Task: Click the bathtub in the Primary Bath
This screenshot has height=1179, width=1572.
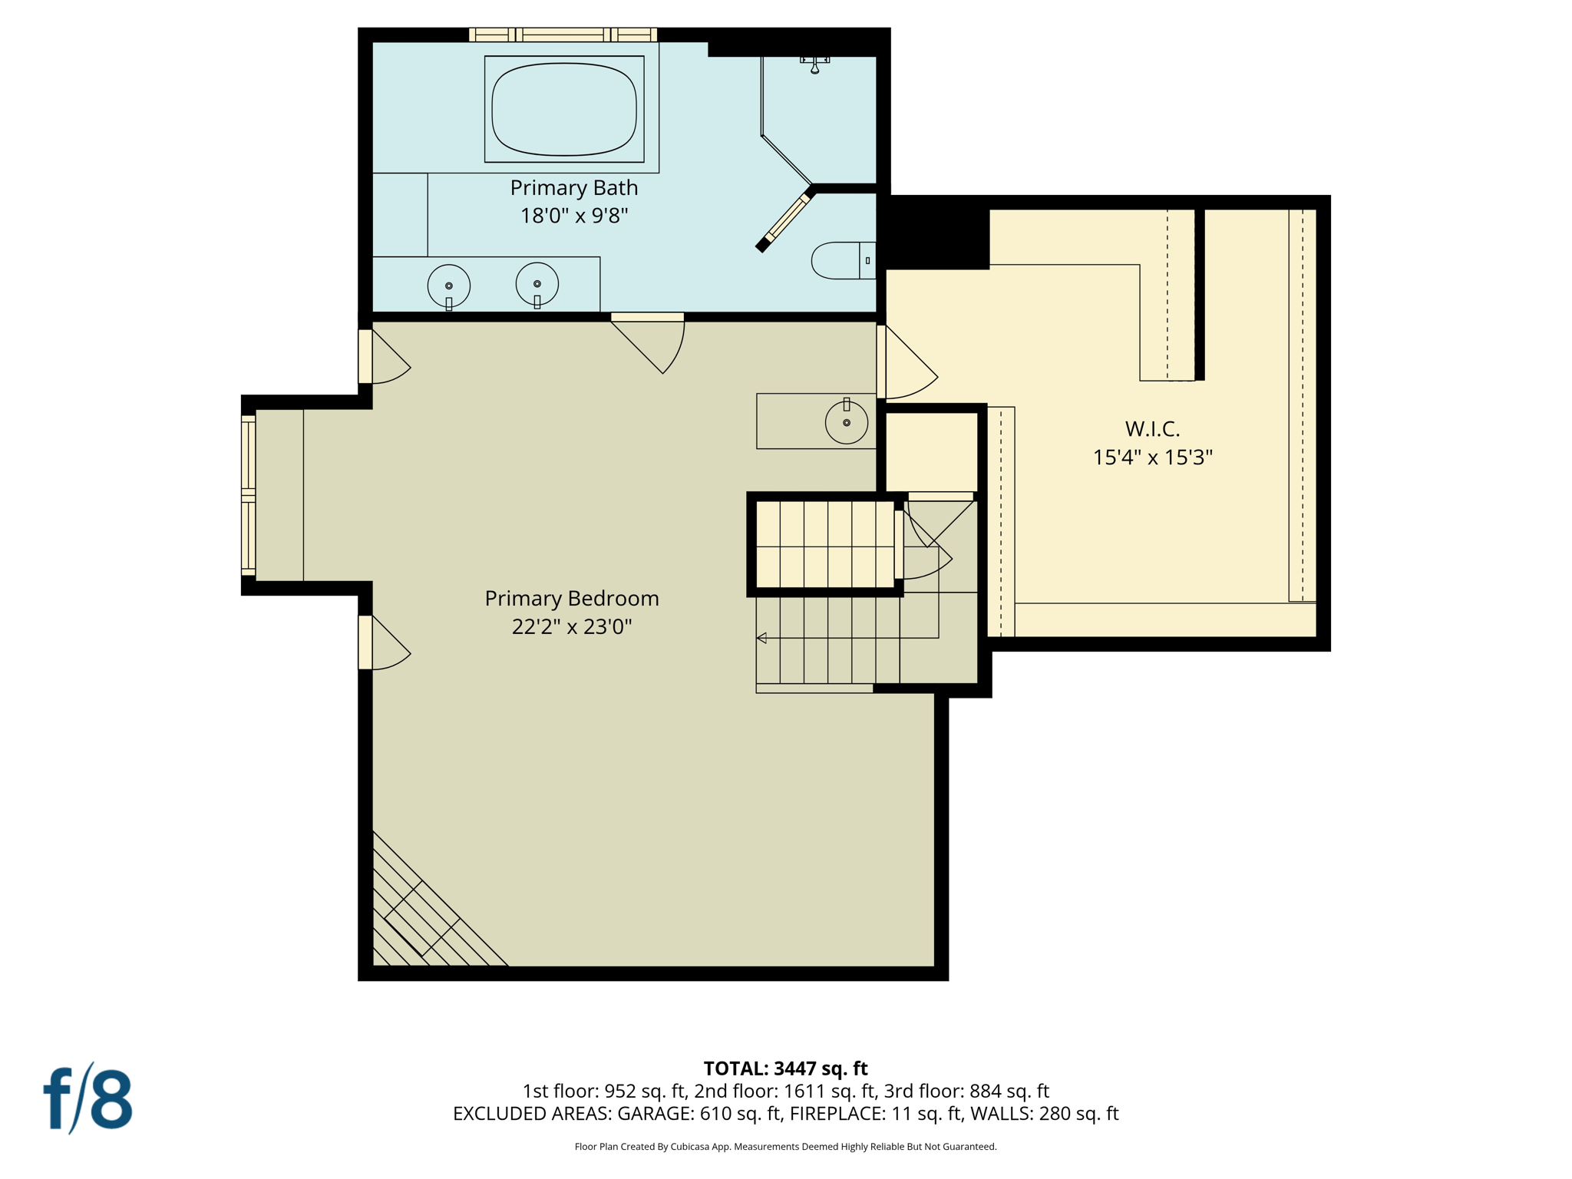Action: [x=564, y=109]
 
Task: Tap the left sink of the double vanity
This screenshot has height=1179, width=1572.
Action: [x=449, y=286]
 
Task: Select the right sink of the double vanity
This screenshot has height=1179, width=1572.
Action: [x=537, y=284]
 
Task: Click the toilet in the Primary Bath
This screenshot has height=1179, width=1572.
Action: [x=840, y=260]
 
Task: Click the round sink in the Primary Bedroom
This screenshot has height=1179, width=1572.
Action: [x=846, y=421]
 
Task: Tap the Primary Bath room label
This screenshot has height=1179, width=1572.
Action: [x=573, y=187]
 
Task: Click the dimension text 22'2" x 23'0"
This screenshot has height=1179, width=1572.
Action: [x=571, y=626]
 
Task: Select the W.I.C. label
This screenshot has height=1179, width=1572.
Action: [x=1151, y=428]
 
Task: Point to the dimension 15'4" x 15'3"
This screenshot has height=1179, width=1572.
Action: [x=1151, y=457]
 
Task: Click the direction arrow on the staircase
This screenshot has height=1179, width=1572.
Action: [x=761, y=638]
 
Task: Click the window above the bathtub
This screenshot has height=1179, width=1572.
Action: [x=563, y=35]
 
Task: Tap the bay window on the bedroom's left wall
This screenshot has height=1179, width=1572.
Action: [x=249, y=495]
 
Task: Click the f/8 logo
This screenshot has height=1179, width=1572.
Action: [x=88, y=1098]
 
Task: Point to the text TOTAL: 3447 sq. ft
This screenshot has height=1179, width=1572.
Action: [x=785, y=1068]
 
